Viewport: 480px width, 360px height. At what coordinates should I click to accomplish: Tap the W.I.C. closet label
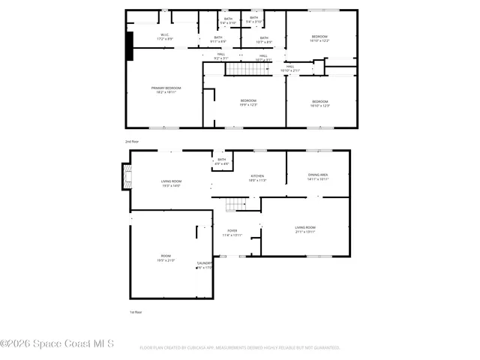pos(165,37)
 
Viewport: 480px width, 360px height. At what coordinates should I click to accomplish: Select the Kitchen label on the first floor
pos(257,178)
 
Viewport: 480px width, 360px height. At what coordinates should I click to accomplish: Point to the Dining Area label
pos(318,177)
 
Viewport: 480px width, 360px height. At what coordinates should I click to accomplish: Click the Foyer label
pos(231,233)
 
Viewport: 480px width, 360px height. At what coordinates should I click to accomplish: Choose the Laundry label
pos(204,265)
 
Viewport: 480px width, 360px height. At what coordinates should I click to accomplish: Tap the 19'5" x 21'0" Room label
pos(166,258)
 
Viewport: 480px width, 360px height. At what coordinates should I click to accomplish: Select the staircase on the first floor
pos(237,204)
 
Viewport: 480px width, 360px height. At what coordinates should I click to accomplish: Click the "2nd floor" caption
pos(133,141)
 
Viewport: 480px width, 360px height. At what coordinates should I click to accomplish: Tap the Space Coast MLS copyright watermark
pos(57,344)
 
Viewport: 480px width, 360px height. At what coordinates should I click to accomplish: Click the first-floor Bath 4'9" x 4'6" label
pos(221,161)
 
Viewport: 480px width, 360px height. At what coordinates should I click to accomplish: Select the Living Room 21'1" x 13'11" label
pos(304,229)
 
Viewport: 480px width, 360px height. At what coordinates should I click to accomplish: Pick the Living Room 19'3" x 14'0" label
pos(171,183)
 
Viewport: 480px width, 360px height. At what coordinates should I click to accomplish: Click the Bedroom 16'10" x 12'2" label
pos(319,38)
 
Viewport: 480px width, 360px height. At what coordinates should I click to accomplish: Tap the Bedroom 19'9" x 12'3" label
pos(248,103)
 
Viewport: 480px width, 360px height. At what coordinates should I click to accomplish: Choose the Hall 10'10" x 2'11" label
pos(290,69)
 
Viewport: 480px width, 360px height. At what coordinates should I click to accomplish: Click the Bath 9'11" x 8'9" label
pos(218,39)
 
